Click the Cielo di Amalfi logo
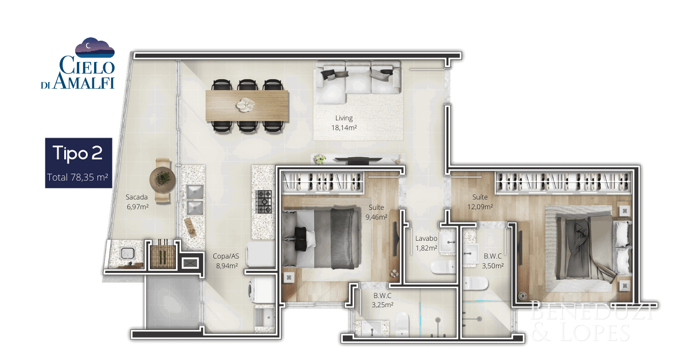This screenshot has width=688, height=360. (78, 64)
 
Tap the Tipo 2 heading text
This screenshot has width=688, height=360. (78, 152)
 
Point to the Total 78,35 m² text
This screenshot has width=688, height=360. (77, 177)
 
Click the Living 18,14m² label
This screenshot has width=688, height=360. (344, 123)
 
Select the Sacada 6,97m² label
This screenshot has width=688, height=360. (137, 202)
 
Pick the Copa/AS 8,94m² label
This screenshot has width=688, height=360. (226, 261)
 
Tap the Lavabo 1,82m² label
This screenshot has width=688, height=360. (426, 243)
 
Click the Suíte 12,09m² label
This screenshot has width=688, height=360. (480, 202)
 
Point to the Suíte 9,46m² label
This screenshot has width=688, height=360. (376, 212)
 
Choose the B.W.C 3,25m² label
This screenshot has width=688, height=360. (382, 300)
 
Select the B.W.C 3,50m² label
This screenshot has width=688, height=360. (492, 261)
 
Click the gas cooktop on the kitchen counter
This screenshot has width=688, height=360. (264, 202)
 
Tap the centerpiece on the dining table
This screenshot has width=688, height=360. (245, 105)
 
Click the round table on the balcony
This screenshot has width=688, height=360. (162, 180)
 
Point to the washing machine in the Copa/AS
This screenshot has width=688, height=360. (261, 290)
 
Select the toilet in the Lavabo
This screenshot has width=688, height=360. (443, 267)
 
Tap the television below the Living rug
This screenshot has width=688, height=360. (358, 160)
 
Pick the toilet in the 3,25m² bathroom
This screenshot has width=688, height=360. (402, 324)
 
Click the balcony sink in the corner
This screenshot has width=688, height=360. (127, 253)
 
